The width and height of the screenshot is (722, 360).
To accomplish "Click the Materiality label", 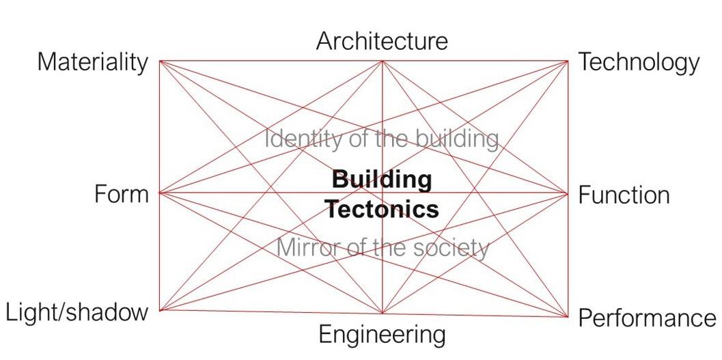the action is [92, 62].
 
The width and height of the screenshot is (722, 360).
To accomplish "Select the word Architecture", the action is [382, 41].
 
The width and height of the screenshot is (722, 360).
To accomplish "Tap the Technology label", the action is [639, 62].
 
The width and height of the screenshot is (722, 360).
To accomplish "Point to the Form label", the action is [121, 195].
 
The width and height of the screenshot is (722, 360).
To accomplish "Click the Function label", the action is [624, 195].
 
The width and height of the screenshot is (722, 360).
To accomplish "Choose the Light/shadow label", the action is [77, 312].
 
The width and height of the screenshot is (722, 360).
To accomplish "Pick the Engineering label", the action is [382, 335].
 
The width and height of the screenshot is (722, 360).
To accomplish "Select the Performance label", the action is [647, 318].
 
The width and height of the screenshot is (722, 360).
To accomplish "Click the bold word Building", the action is [382, 180].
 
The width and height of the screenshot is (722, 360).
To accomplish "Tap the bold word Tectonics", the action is [382, 208].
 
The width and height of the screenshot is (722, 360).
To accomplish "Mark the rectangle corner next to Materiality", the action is [160, 61].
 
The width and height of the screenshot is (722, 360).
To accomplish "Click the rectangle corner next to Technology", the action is [568, 61].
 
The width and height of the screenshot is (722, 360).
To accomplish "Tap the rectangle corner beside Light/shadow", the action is [160, 310].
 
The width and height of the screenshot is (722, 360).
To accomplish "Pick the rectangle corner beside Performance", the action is [568, 316].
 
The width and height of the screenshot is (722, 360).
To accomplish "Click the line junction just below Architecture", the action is [382, 61].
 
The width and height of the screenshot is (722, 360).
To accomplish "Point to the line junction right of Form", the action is [160, 193].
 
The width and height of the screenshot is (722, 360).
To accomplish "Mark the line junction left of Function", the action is [568, 193].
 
